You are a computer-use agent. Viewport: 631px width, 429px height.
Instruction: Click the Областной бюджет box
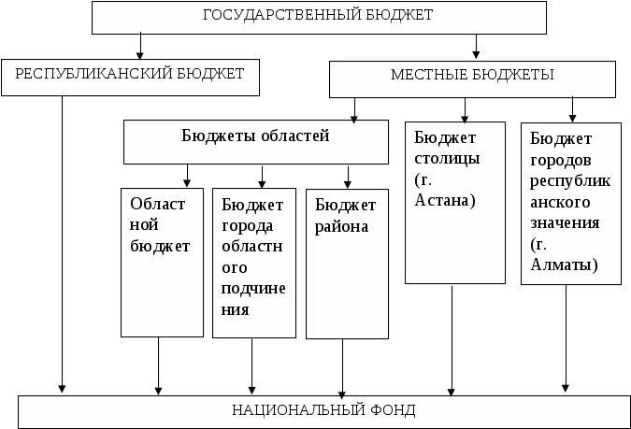[162, 262]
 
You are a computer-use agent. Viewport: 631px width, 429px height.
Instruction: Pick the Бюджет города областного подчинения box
[253, 263]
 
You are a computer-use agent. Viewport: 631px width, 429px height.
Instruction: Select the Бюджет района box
[347, 263]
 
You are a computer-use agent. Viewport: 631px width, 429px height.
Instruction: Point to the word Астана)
[444, 200]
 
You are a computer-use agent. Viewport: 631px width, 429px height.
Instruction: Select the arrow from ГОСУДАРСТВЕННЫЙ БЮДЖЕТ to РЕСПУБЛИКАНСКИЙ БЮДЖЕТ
[139, 46]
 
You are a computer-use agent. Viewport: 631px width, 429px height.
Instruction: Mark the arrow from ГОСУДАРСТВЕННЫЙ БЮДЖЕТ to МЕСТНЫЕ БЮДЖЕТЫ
[477, 46]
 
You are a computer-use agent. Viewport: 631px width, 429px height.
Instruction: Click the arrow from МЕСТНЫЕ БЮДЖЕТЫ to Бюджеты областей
[355, 110]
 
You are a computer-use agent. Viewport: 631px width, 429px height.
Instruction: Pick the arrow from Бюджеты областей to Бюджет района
[347, 176]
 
